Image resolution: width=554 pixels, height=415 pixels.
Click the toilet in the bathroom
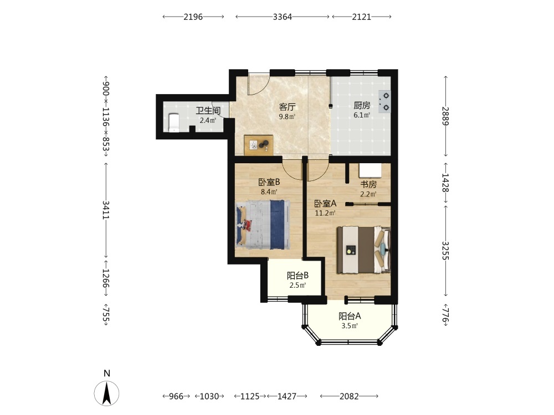click(174, 122)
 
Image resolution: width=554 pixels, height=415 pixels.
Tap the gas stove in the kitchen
click(385, 101)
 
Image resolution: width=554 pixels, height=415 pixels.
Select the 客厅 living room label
click(287, 107)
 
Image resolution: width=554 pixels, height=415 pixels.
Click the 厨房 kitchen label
click(362, 105)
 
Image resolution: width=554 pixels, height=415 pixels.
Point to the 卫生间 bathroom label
click(208, 111)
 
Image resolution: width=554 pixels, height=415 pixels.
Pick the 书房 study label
click(368, 184)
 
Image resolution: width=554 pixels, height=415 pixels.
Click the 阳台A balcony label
click(350, 316)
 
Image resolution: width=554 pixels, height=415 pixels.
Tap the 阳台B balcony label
click(297, 275)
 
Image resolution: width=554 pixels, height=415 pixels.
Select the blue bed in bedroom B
click(263, 225)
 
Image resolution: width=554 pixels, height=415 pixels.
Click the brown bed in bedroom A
click(363, 250)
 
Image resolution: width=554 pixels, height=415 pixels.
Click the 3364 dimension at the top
click(283, 17)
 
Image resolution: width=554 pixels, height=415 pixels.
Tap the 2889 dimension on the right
click(445, 116)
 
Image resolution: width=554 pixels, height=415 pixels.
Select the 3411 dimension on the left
click(106, 210)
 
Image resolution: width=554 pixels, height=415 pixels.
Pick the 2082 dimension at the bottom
click(349, 396)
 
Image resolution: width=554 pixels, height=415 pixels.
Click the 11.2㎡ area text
click(325, 213)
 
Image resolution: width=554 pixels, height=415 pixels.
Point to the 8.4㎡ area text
click(269, 192)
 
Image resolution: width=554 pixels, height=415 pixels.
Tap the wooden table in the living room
click(259, 145)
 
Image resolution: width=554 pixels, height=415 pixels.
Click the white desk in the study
click(370, 170)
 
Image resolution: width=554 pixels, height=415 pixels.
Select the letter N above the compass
click(107, 373)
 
